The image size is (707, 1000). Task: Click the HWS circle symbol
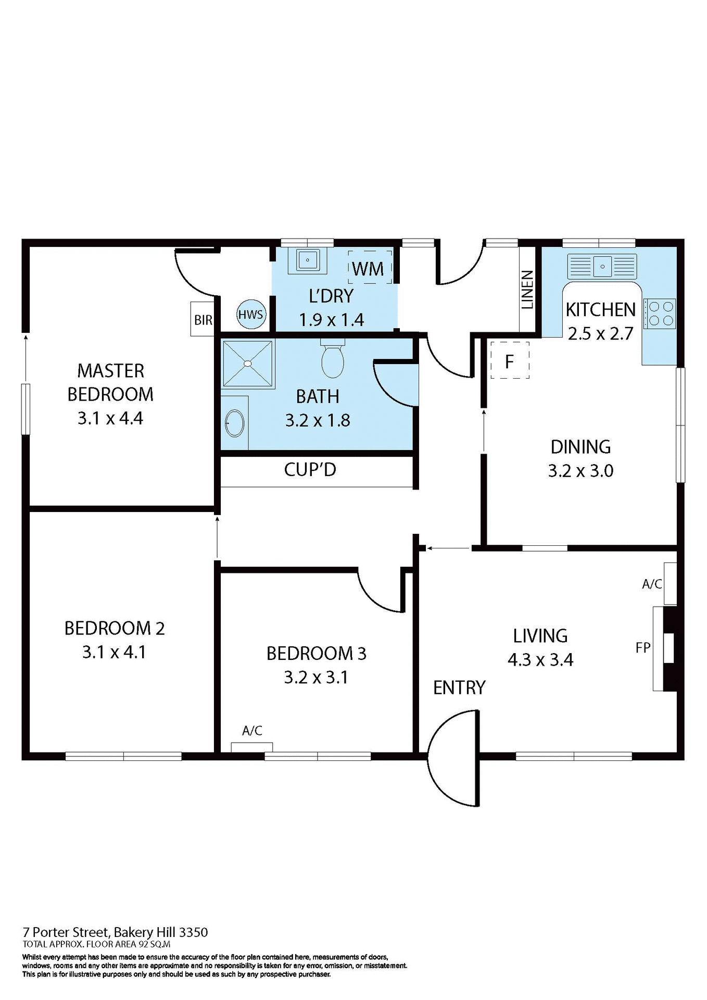click(x=251, y=314)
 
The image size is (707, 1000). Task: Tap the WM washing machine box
click(x=369, y=268)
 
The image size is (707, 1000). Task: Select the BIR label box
click(x=203, y=319)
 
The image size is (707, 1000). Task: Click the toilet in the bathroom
click(x=333, y=360)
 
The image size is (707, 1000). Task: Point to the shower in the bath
click(x=248, y=364)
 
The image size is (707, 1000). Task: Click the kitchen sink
click(x=602, y=266)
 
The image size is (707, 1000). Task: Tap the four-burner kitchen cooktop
click(x=660, y=314)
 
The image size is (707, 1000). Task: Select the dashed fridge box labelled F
click(x=510, y=360)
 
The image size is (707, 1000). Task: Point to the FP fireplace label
click(x=643, y=647)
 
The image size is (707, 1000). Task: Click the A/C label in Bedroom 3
click(x=252, y=731)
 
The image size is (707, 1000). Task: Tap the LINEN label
click(x=527, y=290)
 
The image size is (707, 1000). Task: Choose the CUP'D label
click(x=310, y=470)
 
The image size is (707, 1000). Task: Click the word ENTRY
click(x=459, y=687)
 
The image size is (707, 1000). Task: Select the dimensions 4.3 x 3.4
click(x=540, y=660)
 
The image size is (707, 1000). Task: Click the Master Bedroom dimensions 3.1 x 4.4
click(x=110, y=418)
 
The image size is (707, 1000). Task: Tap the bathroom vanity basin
click(x=235, y=423)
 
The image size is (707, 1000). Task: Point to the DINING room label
click(x=580, y=447)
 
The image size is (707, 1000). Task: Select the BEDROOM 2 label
click(x=115, y=628)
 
